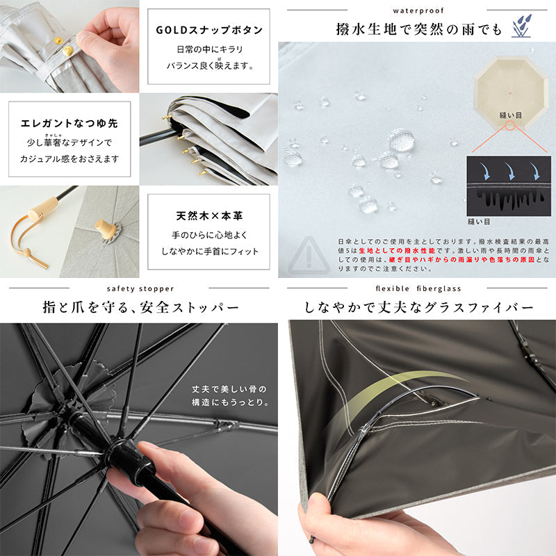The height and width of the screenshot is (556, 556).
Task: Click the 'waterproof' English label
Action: (x=418, y=10)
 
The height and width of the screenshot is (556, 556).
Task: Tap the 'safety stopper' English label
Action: (x=140, y=288)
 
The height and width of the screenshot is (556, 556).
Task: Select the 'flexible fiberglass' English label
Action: (x=418, y=288)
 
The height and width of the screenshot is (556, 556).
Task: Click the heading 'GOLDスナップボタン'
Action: (x=209, y=30)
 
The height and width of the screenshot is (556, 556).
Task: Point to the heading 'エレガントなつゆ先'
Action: (x=69, y=123)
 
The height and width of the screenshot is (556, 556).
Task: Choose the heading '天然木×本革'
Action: (x=209, y=215)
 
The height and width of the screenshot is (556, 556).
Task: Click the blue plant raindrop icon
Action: (x=522, y=26)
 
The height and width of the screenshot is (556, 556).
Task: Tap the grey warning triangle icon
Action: (x=309, y=255)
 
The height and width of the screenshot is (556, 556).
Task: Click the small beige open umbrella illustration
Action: (x=510, y=93)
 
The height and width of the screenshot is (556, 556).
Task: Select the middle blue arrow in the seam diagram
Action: (x=511, y=171)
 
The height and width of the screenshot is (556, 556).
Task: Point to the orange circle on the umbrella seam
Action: (x=510, y=125)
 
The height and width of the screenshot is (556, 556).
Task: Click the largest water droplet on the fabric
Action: (x=401, y=140)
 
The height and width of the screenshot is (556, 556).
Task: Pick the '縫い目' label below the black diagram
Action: (x=479, y=222)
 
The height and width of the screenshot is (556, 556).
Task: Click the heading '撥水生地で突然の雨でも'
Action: (x=419, y=29)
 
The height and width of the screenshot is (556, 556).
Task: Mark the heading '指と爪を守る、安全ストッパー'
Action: (x=141, y=307)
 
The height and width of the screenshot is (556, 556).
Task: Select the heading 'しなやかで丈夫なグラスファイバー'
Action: (x=419, y=307)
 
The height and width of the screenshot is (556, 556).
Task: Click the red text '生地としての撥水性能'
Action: (x=397, y=251)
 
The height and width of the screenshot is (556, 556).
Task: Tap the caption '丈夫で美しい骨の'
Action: (x=229, y=389)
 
